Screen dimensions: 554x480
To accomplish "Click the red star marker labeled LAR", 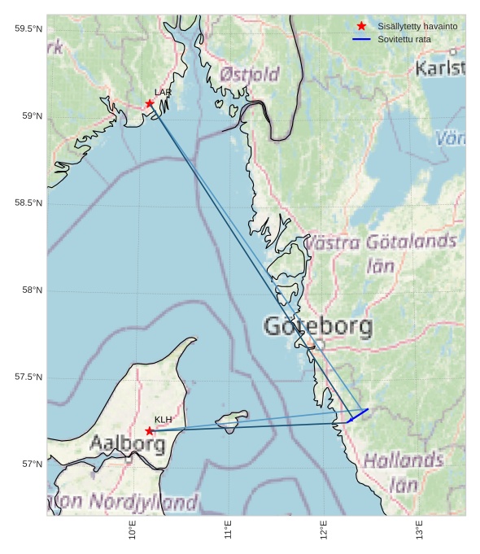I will pos(150,103).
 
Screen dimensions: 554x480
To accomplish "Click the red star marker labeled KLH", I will pos(150,431).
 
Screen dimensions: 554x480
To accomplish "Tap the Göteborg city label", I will pos(318,327).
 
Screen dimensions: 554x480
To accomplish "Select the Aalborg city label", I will pos(128,444).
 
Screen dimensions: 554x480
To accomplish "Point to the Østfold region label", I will pos(250,75).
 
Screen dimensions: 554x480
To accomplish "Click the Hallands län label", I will pos(403,473).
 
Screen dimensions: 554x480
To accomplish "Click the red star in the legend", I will pos(361,26).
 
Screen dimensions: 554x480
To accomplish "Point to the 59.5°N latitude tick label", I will pos(28,29).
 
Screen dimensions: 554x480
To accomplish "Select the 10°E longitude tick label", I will pos(133,530).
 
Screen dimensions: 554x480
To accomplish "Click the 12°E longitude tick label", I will pos(324,530).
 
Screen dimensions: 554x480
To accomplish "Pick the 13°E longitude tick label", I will pos(419,530).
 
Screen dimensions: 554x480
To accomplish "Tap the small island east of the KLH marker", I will pos(231,420).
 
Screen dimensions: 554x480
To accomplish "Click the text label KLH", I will pos(163,420).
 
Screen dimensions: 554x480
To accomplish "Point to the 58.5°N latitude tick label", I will pos(28,203).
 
